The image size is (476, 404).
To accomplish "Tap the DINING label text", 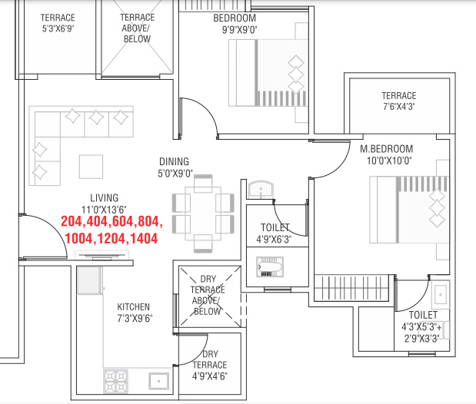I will tap(175, 161).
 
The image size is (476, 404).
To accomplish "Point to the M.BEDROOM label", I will tap(387, 149).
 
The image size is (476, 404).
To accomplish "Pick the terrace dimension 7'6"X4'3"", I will tap(398, 108).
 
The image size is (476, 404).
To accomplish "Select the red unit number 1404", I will tap(142, 238).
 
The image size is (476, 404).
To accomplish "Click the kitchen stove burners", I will tap(116, 379).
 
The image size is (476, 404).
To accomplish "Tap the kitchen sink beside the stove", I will tap(159, 380).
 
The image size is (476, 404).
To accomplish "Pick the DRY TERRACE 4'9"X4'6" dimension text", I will tap(209, 376).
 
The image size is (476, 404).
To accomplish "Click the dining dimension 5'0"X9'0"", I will tap(175, 173).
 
